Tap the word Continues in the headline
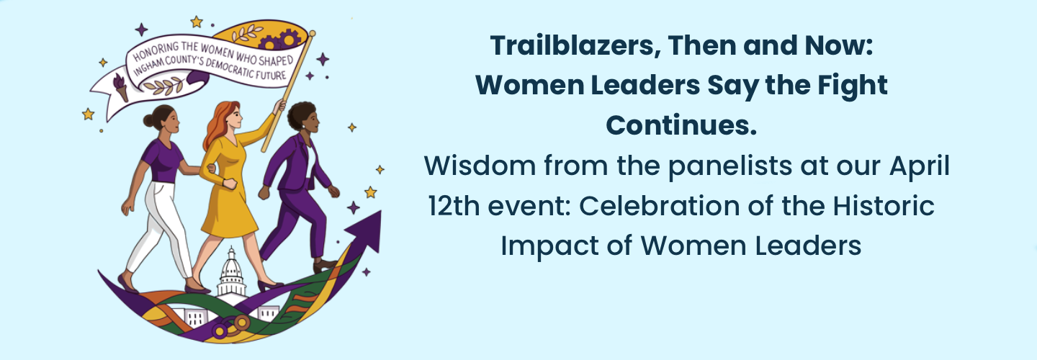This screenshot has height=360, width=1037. tap(681, 125)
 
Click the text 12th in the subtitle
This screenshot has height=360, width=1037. tap(454, 206)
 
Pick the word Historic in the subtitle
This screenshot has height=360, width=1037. tap(884, 206)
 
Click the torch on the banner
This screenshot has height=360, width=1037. tap(120, 87)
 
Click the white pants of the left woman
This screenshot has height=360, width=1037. tap(162, 227)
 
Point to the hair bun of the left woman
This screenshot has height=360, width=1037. tap(148, 121)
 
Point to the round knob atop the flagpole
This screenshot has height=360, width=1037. tap(313, 33)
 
